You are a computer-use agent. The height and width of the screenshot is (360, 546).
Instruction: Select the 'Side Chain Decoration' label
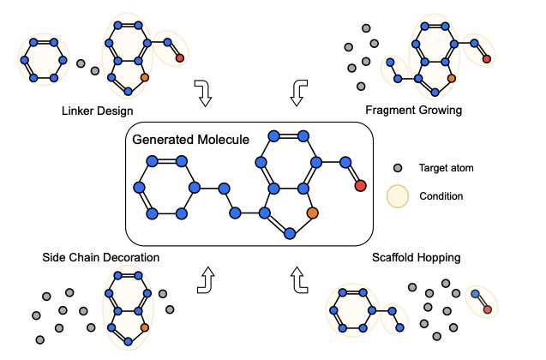[101, 257]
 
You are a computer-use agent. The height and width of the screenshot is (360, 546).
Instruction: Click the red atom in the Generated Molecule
[360, 186]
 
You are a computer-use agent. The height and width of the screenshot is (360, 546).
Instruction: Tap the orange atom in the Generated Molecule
[313, 212]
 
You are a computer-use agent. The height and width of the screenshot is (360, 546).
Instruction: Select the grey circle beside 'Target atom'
[398, 169]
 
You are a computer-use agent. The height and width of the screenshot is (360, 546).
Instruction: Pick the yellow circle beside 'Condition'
[398, 196]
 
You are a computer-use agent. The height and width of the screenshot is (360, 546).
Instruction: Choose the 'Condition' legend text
[441, 196]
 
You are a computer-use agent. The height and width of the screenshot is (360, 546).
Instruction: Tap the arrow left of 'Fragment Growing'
[297, 93]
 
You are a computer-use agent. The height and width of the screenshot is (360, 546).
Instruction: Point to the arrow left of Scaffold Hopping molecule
[298, 279]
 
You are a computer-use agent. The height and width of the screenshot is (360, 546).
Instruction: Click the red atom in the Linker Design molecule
[178, 58]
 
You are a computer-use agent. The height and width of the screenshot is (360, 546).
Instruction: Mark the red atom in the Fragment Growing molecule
[486, 59]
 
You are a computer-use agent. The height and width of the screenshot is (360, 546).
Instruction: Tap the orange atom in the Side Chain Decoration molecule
[144, 327]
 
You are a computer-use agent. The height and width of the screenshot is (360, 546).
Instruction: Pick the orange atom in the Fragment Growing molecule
[451, 77]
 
